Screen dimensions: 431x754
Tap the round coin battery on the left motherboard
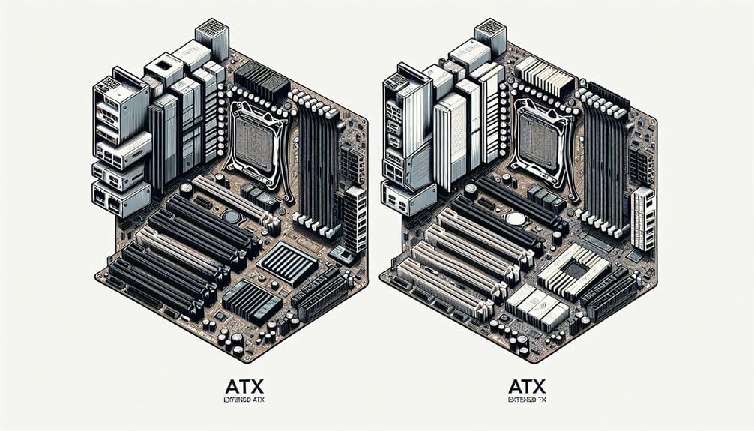232,217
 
